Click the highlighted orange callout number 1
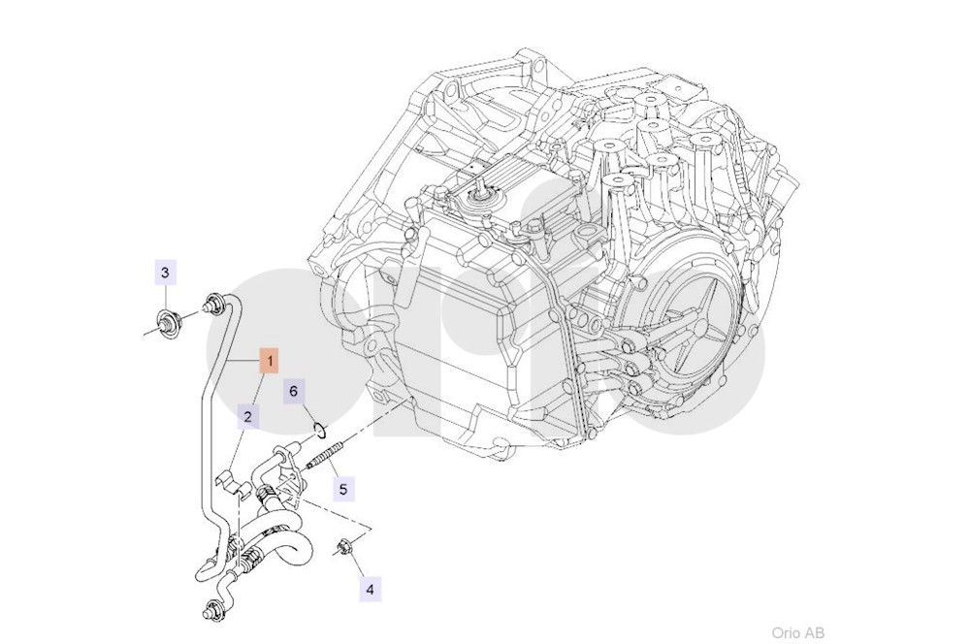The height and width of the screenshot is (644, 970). (x=271, y=362)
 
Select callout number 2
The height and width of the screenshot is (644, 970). (x=248, y=417)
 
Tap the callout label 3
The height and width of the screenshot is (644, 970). (x=165, y=273)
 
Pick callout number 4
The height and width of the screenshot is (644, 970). (x=369, y=587)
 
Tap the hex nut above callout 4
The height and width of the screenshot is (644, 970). (x=344, y=548)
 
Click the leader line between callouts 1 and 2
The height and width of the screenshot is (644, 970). (x=260, y=389)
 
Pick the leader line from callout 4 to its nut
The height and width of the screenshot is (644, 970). (x=357, y=566)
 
